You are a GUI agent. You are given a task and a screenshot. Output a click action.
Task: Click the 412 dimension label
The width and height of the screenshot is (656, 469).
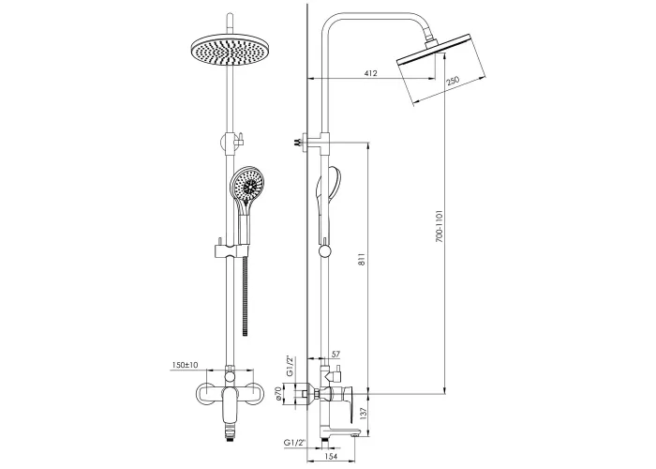[x=371, y=73]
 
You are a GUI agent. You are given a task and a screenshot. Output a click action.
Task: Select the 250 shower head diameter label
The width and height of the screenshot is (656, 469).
[x=453, y=81]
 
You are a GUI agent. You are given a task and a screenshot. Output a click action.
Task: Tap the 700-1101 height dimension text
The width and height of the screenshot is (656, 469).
[x=439, y=226]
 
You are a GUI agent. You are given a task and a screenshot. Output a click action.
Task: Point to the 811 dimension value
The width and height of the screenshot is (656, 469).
[x=363, y=259]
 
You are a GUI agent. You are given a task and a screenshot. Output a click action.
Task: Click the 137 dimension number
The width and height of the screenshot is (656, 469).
[x=363, y=415]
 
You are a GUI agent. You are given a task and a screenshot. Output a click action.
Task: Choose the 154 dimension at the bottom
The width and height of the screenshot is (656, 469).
[x=331, y=456]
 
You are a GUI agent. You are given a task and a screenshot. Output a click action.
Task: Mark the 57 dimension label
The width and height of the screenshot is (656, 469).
[x=335, y=355]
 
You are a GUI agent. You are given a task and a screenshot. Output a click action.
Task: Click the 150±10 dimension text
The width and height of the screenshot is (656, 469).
[x=185, y=365]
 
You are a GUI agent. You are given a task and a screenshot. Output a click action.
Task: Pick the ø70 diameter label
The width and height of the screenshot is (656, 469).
[x=277, y=394]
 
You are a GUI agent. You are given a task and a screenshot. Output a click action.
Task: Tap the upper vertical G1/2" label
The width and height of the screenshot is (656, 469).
[x=290, y=366]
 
